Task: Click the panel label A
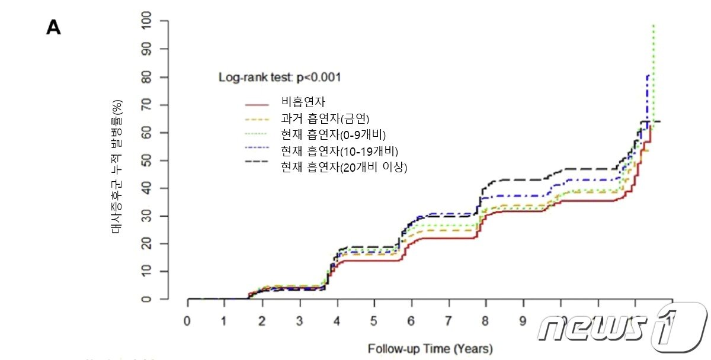(53, 28)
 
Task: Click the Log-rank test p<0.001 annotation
(279, 77)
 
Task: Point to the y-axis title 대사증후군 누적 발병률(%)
(117, 168)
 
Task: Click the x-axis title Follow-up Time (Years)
(430, 348)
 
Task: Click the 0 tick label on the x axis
(187, 320)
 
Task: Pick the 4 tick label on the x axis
(337, 320)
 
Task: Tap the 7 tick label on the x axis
(449, 320)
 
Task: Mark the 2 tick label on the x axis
(262, 320)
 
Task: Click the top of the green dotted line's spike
(653, 25)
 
